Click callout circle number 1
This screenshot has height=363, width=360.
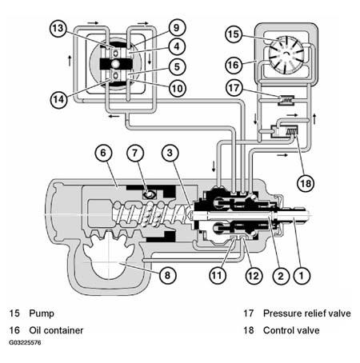301,274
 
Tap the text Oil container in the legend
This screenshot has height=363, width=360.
55,329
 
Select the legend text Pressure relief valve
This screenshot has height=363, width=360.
302,313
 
